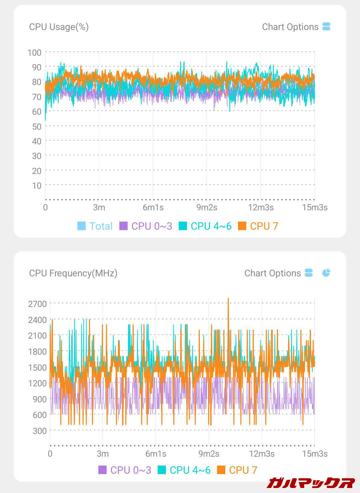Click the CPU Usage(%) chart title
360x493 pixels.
coord(59,27)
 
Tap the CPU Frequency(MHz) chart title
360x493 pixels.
coord(73,273)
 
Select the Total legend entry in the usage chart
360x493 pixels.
coord(95,226)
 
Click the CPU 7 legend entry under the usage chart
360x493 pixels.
coord(258,226)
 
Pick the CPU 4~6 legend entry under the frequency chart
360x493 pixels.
coord(184,470)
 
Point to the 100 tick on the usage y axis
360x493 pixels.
coord(35,53)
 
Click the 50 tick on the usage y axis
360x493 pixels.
coord(37,127)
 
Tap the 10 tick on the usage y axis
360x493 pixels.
coord(37,186)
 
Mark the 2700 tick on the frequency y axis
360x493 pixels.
coord(37,304)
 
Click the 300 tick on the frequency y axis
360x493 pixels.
coord(40,431)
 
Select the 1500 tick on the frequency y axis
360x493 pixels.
coord(37,368)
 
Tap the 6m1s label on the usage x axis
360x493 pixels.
coord(153,207)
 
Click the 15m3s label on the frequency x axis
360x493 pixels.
coord(315,454)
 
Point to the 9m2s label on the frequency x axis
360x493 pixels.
coord(209,454)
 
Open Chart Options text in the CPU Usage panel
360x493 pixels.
coord(290,27)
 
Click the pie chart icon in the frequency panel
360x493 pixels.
coord(326,273)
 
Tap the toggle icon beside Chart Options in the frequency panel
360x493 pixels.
coord(309,273)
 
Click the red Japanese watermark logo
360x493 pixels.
coord(311,482)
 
